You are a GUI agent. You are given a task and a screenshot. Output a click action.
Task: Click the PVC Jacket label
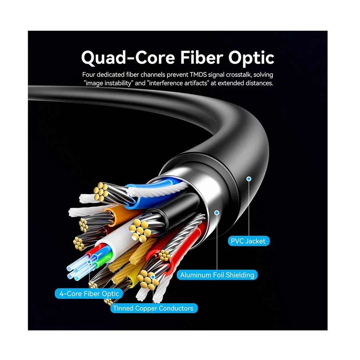[248, 241]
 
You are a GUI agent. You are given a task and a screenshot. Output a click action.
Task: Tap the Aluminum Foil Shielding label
[217, 275]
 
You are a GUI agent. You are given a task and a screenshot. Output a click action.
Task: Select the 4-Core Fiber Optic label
[89, 294]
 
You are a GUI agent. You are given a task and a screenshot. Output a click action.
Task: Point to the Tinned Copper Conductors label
[153, 308]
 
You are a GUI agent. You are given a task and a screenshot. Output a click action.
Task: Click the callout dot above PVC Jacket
[249, 179]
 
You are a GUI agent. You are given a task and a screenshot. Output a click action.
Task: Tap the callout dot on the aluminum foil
[217, 213]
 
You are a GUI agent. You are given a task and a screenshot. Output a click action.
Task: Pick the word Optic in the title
[251, 58]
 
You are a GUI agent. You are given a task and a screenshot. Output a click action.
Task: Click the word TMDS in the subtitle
[198, 75]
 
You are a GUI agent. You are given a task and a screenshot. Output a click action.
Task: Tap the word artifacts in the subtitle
[196, 83]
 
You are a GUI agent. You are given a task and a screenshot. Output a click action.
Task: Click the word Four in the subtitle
[88, 75]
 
